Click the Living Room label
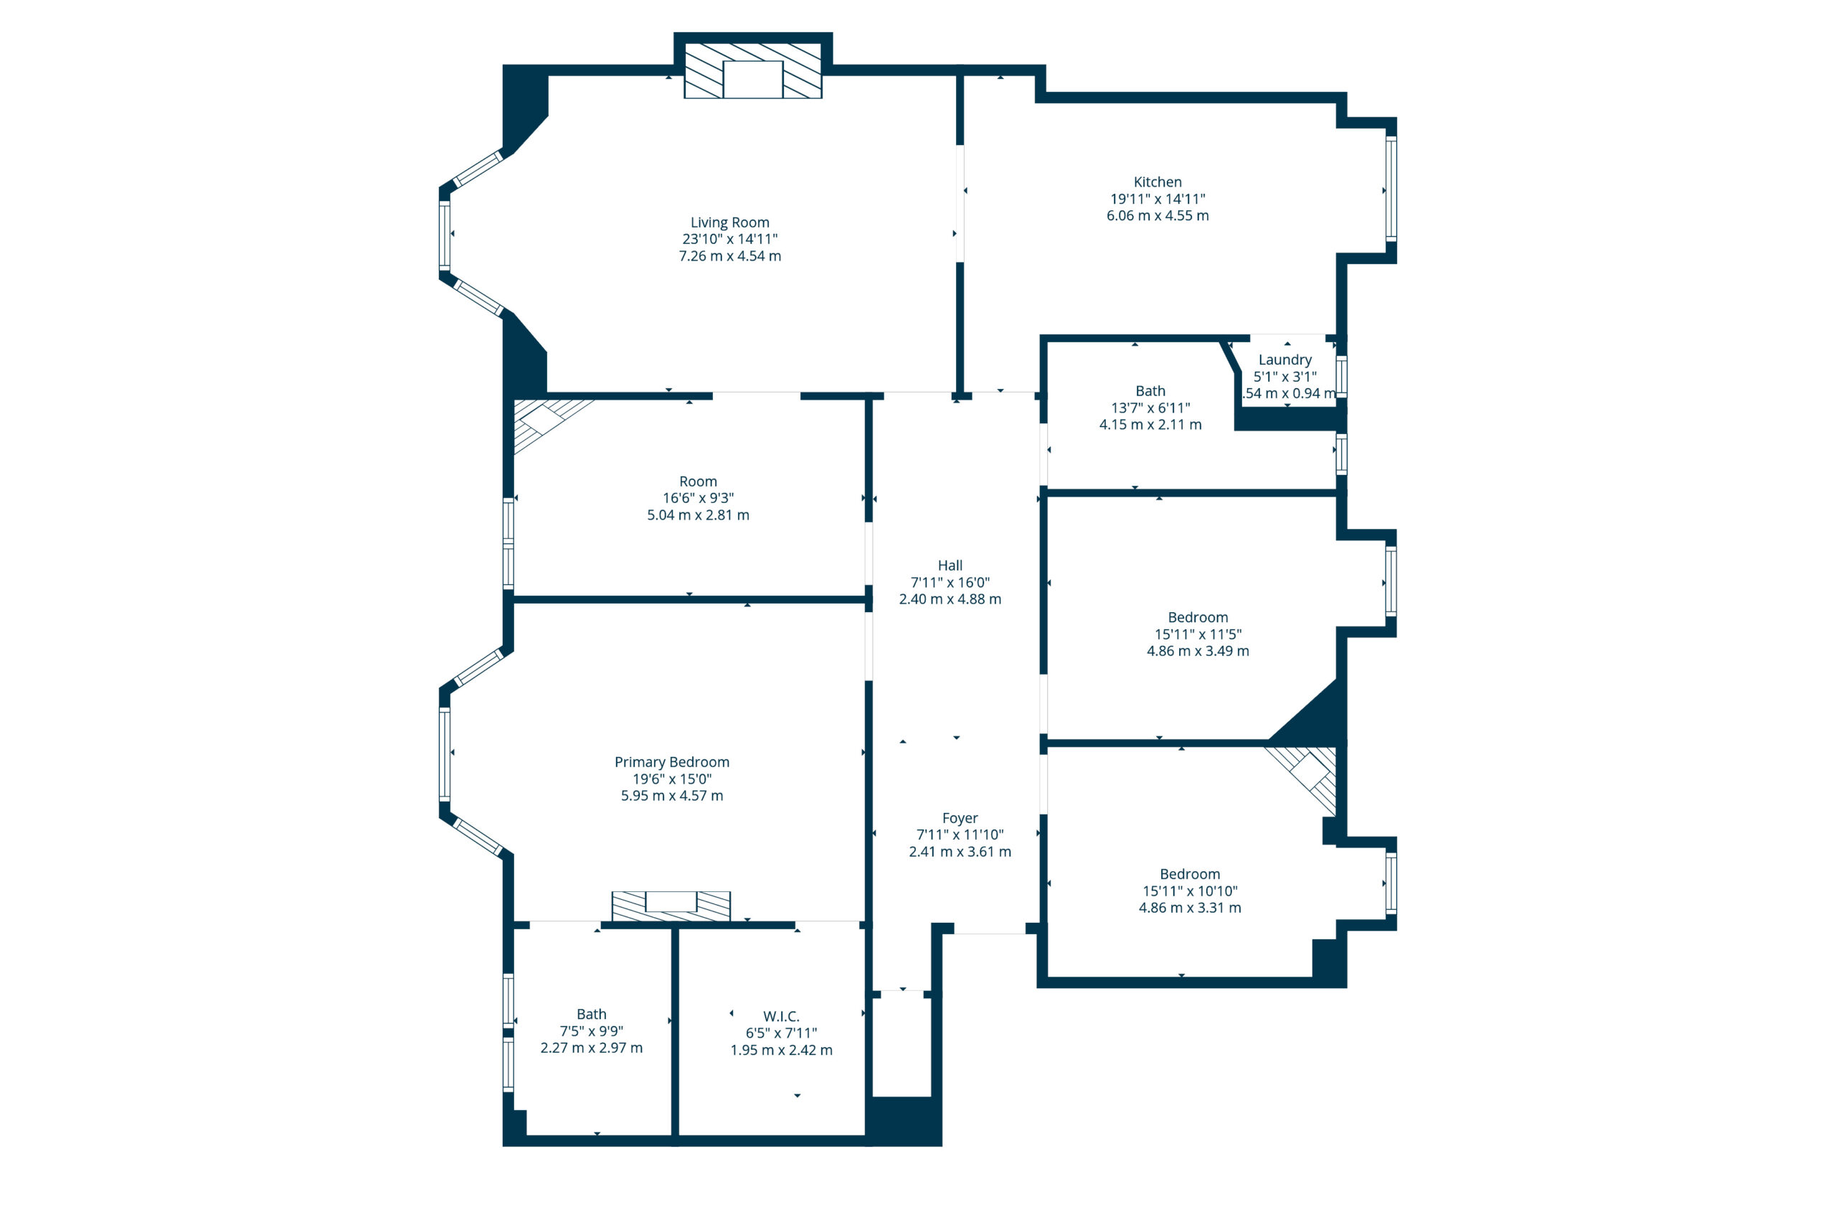tap(729, 222)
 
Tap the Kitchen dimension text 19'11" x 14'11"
tap(1157, 199)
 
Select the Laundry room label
tap(1284, 360)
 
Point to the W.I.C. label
tap(781, 1016)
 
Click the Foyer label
tap(960, 818)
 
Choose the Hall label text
tap(950, 565)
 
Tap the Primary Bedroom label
tap(671, 763)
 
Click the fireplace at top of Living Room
tap(753, 71)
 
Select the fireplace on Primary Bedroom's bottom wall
tap(671, 906)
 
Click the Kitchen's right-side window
tap(1390, 189)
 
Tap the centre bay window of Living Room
tap(445, 235)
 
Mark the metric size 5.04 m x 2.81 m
tap(697, 515)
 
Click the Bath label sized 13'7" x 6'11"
tap(1150, 391)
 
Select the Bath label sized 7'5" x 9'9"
tap(591, 1014)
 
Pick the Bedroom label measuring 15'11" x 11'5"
tap(1197, 617)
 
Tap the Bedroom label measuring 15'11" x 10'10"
tap(1190, 874)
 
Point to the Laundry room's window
tap(1342, 376)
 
